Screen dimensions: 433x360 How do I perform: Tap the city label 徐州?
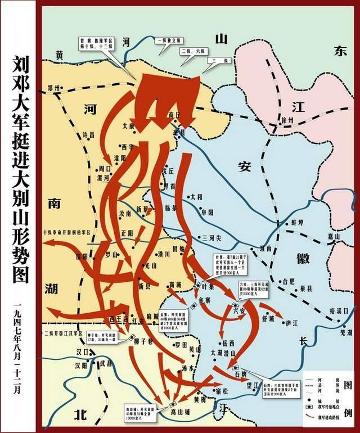coord(287,120)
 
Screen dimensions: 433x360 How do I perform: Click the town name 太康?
coord(129,127)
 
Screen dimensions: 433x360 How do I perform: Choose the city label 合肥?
coord(287,280)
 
